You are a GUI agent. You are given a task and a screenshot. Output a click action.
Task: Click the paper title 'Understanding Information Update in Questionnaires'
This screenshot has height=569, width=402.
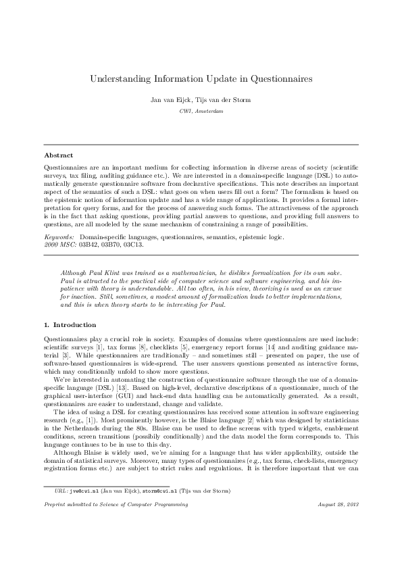coord(201,79)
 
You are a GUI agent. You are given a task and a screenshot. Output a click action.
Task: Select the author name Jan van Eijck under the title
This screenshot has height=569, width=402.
coord(174,99)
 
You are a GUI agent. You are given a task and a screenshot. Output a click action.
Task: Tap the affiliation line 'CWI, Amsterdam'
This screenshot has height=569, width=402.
coord(201,111)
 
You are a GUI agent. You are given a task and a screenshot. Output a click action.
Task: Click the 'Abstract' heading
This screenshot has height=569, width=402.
coord(58,155)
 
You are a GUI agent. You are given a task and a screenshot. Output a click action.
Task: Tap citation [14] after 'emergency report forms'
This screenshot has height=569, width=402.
coord(270,345)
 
